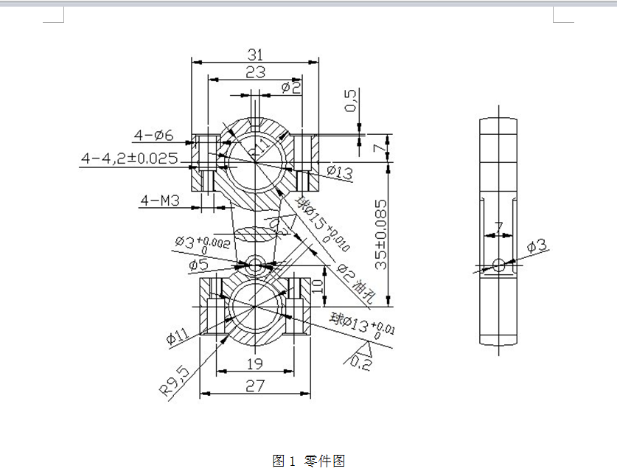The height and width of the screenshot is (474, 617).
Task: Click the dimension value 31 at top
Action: [255, 54]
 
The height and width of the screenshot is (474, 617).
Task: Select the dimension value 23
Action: [255, 72]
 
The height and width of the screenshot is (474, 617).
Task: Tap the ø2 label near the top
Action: [291, 88]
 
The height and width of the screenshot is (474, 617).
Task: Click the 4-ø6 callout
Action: [153, 136]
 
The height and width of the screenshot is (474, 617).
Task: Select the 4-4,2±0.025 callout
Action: [130, 158]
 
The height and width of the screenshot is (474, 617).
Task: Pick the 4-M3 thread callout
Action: [160, 200]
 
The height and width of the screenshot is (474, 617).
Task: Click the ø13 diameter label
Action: [338, 172]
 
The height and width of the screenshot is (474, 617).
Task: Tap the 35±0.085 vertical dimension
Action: [380, 234]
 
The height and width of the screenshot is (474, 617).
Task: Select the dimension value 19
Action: [255, 364]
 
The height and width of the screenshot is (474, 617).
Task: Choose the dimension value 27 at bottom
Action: [255, 386]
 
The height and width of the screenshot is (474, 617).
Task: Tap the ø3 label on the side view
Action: [538, 245]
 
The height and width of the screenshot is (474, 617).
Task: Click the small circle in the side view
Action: [500, 264]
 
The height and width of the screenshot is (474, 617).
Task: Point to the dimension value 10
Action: [318, 286]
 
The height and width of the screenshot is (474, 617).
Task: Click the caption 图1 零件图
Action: [308, 461]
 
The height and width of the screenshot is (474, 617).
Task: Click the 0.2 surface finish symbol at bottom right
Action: [362, 360]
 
